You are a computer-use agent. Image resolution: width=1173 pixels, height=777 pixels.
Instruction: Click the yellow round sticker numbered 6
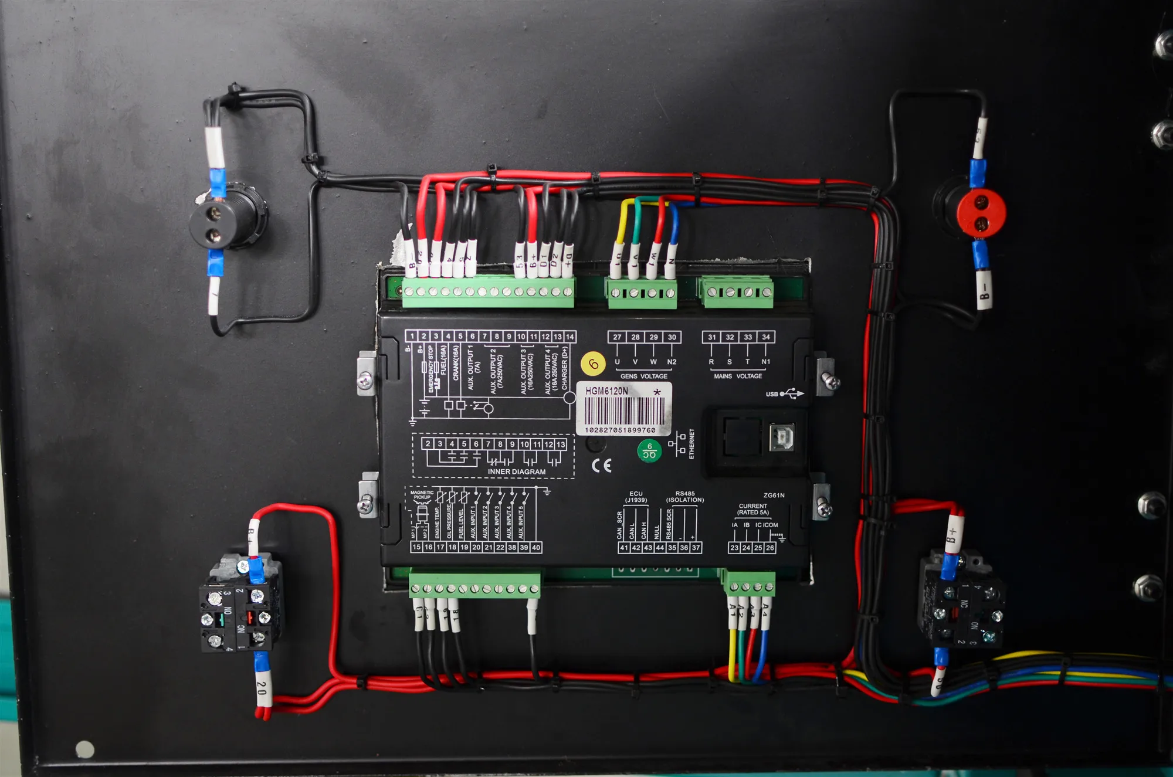593,364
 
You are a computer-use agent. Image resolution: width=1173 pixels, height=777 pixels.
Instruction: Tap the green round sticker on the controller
649,450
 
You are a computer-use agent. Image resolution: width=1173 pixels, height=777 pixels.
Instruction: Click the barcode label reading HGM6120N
623,409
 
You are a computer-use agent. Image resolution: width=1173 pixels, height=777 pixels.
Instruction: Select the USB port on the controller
781,437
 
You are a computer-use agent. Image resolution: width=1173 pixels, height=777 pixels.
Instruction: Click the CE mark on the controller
602,466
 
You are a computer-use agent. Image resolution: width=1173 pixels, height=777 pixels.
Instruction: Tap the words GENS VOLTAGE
643,376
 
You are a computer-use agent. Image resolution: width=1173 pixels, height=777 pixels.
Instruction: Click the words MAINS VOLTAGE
738,376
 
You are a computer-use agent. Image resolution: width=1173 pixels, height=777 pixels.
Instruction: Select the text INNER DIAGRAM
516,471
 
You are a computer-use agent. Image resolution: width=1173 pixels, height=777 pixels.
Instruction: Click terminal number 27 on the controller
617,337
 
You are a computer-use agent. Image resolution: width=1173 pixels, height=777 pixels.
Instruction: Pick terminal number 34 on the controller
765,337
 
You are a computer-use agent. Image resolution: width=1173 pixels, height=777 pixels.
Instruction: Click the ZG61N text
774,496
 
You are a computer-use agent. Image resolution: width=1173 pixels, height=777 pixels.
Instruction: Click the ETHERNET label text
692,443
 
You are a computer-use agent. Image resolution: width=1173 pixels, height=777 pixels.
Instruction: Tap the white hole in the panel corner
85,749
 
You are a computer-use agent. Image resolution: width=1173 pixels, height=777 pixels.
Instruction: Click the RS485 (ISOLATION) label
684,497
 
